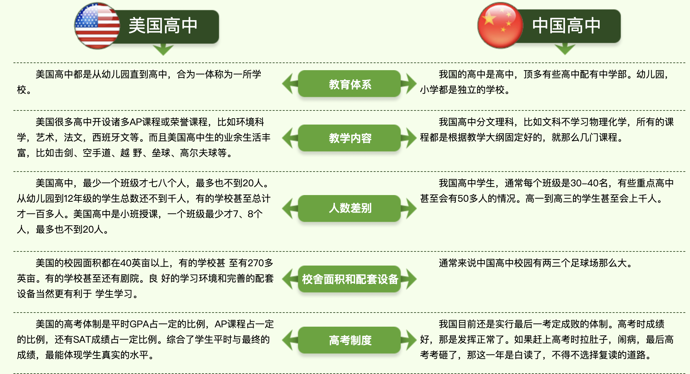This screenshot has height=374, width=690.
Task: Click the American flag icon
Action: click(97, 26)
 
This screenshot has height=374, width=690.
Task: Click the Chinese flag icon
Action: click(501, 26)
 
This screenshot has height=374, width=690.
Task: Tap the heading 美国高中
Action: click(163, 26)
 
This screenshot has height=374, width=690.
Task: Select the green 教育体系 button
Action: click(349, 84)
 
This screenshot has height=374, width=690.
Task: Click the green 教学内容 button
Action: click(349, 138)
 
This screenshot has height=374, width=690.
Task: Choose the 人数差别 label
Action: click(349, 208)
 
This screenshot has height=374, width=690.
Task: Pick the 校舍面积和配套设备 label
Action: click(349, 279)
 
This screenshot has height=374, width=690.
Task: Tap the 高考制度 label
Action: click(349, 340)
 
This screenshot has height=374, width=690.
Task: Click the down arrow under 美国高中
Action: click(163, 49)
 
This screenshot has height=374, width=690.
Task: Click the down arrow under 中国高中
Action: click(565, 49)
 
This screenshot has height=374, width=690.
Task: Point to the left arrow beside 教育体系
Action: click(290, 84)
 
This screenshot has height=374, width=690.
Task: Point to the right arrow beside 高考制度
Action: click(409, 340)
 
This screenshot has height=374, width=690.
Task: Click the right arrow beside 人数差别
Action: click(409, 208)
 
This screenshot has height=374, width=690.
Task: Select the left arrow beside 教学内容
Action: click(290, 138)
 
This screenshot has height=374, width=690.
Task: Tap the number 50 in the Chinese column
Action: click(463, 199)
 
